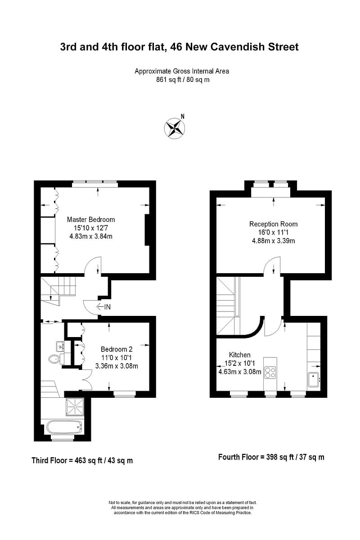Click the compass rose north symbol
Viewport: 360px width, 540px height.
coord(175,127)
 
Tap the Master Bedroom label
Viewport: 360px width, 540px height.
coord(91,220)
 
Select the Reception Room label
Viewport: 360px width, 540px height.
coord(273,224)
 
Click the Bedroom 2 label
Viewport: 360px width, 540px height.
coord(117,349)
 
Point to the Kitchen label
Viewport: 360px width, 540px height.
coord(239,355)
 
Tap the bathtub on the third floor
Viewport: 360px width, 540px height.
coord(64,426)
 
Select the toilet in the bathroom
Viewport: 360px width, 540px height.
coord(54,359)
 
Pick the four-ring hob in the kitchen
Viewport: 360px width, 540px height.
coord(270,372)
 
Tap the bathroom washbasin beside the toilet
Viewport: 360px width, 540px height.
coord(60,346)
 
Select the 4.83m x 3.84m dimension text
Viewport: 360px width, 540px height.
coord(91,236)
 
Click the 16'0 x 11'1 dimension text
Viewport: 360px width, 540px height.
coord(273,232)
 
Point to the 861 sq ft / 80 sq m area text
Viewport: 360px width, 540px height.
coord(182,80)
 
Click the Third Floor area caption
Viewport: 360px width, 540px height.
coord(82,460)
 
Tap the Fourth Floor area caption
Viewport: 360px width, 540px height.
coord(271,457)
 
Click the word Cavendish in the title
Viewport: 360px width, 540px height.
coord(235,47)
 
